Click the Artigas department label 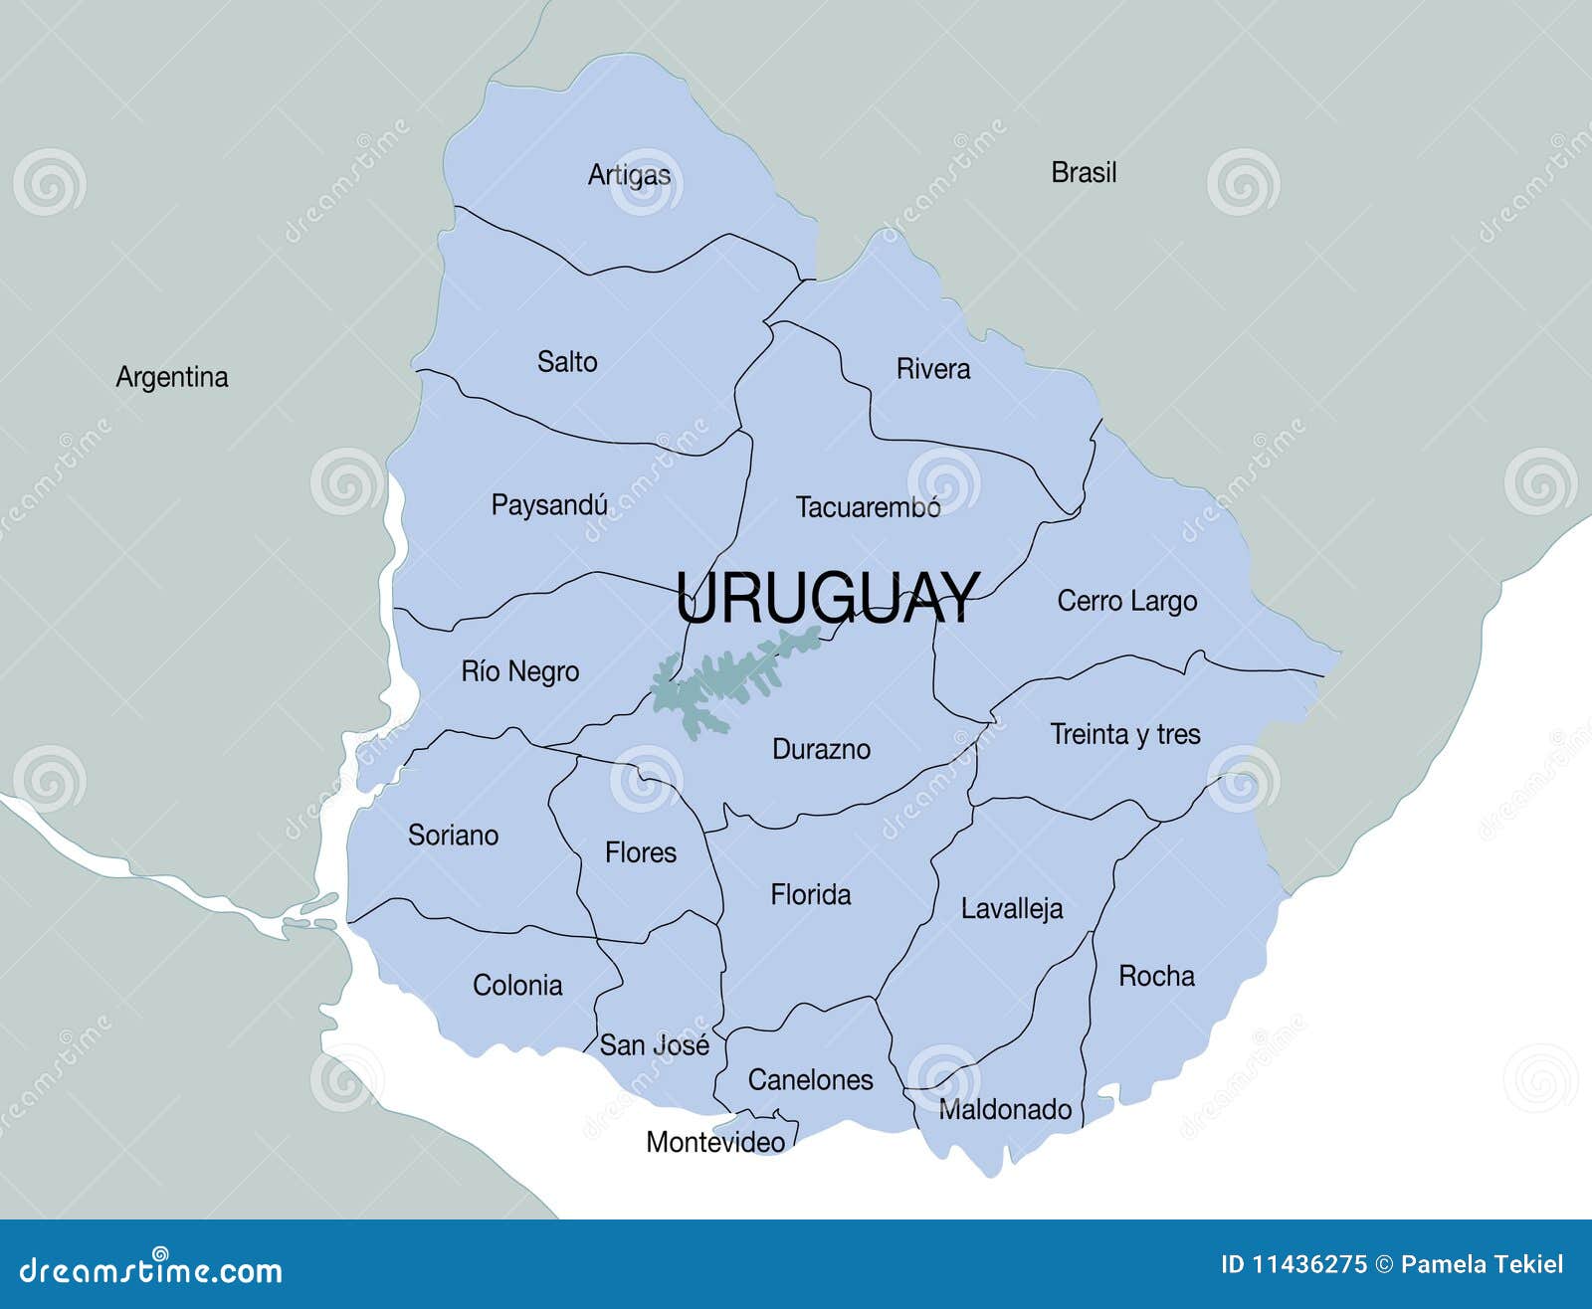629,175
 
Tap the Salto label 567,361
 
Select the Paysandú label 549,505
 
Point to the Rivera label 933,369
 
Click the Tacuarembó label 868,507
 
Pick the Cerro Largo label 1126,602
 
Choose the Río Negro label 519,671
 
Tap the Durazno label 821,749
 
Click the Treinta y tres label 1125,734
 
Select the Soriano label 453,835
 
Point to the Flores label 641,852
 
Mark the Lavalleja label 1011,908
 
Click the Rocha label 1156,976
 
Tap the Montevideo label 715,1142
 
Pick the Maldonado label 1005,1109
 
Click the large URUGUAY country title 828,598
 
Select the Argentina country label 172,377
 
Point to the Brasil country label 1084,172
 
